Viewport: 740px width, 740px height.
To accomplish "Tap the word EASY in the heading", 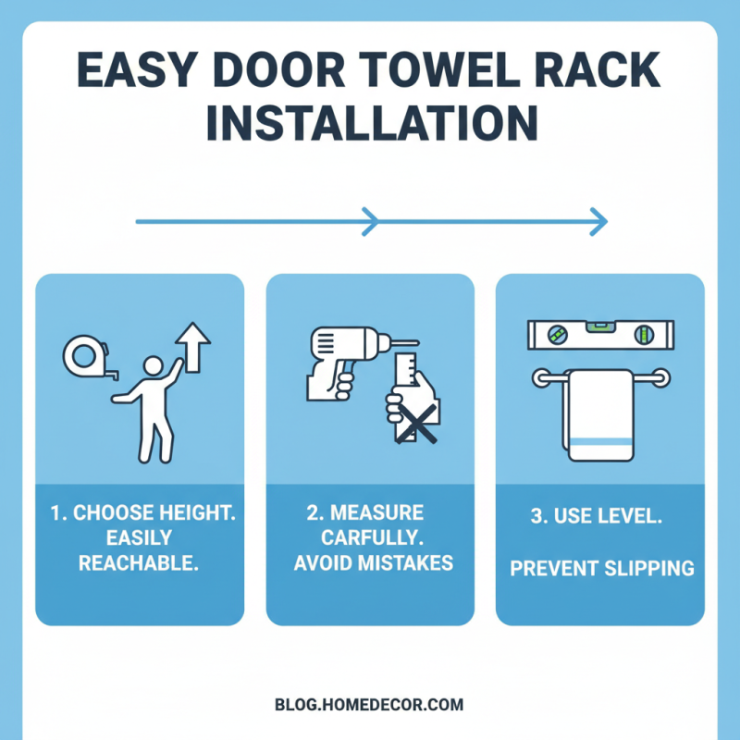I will pos(117,73).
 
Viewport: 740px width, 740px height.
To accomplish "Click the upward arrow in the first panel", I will pos(192,345).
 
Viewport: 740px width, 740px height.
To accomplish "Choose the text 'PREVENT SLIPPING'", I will pos(602,567).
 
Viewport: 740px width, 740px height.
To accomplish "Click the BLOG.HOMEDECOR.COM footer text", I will pos(369,705).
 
